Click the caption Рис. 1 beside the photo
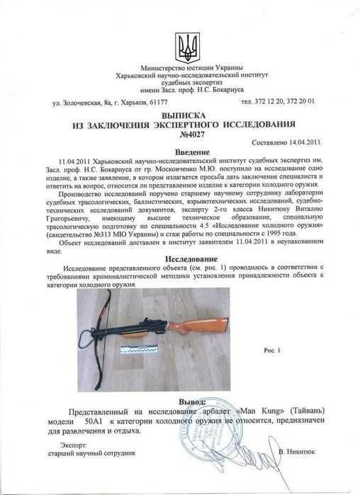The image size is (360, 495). coord(273,350)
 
